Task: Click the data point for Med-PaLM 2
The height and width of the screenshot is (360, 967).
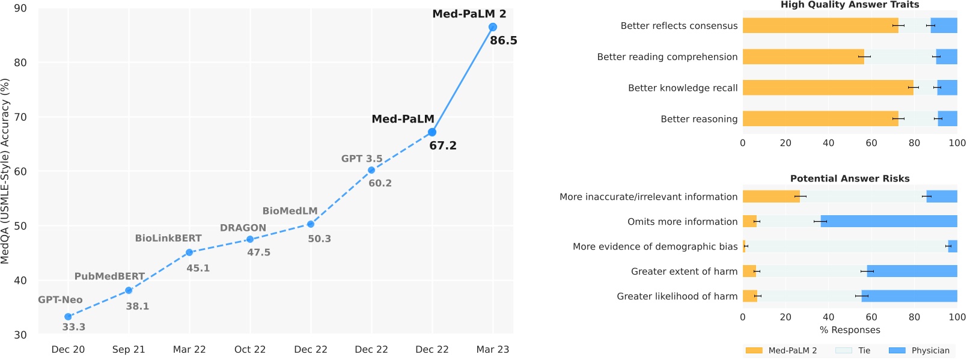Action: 492,27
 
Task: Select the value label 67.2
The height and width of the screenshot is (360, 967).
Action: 443,145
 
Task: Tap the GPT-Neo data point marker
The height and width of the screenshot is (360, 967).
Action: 68,317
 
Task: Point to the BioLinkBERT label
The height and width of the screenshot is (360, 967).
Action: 168,238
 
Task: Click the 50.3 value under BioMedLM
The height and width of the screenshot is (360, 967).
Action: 319,239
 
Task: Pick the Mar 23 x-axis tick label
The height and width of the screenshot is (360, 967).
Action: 492,349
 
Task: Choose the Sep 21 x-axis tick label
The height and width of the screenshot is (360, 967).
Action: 129,349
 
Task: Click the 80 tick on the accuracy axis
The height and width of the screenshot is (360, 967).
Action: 20,63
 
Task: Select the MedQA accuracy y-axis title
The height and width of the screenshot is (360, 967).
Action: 5,171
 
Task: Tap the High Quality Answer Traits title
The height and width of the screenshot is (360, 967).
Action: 850,5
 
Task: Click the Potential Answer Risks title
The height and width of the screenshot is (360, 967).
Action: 850,178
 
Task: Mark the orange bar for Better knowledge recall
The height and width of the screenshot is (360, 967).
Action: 828,88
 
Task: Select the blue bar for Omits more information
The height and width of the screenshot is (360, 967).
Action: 889,221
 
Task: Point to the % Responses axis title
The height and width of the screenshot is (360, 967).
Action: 850,330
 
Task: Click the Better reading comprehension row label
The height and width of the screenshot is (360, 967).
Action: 667,56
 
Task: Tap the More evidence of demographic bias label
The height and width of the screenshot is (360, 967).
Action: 654,246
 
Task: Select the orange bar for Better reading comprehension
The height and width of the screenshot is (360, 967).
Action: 803,56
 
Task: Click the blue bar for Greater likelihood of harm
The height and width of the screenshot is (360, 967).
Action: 909,296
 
